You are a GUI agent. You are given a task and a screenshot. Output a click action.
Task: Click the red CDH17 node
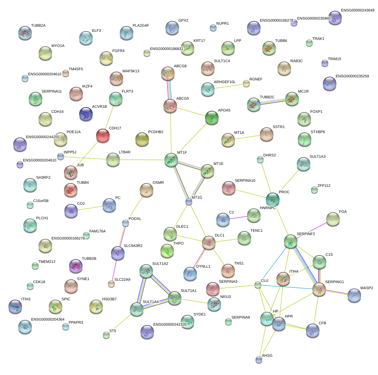coord(103,135)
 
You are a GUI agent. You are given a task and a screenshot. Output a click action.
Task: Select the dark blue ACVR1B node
coord(86,114)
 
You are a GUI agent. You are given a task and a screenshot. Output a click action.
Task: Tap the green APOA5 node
coord(212,118)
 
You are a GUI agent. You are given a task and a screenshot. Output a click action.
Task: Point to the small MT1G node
coord(189,202)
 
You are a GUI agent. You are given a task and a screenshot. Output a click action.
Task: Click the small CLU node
coord(258,285)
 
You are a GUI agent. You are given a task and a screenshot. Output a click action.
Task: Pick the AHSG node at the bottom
coord(259,360)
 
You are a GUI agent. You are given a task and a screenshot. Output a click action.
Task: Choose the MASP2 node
coord(354,295)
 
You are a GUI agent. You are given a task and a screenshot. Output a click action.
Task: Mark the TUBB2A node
coord(25,33)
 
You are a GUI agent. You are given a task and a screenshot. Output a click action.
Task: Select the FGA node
coord(333,219)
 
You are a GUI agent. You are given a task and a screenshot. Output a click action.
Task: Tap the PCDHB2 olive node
coord(142,139)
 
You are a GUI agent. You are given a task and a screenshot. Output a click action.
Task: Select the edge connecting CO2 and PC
coord(90,208)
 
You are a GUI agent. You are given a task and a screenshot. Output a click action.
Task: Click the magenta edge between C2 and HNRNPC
coord(238,218)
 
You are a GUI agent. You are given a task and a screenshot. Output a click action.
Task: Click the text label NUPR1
coord(222,23)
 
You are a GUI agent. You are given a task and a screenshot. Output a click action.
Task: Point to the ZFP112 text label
coord(324,185)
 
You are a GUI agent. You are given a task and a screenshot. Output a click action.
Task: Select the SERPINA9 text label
coord(241,317)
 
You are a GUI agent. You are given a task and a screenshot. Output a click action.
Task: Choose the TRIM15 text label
coord(334,59)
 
